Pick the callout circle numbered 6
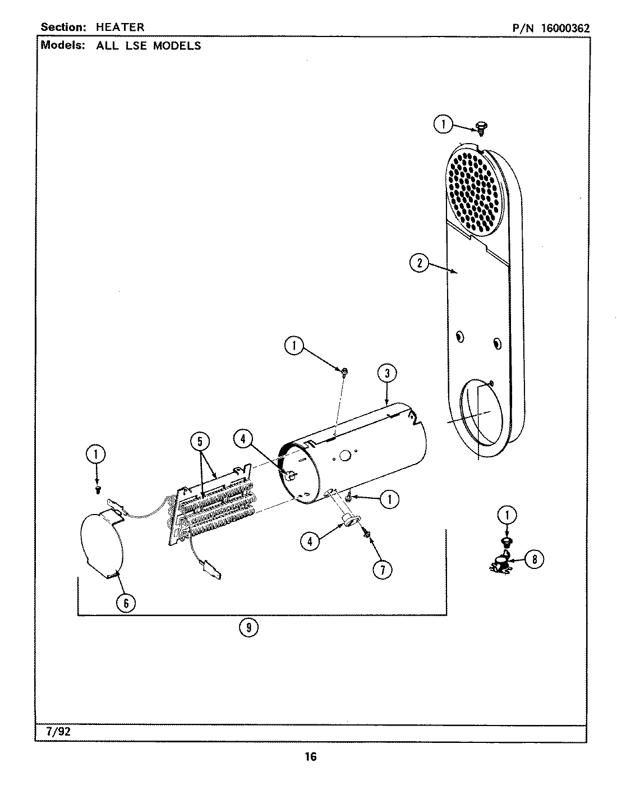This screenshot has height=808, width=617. pos(126,603)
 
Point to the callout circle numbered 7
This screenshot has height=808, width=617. pos(382,570)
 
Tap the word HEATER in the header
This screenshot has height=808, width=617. pos(120,27)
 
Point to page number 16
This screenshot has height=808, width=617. pos(310,757)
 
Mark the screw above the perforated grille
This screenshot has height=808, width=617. pos(480,127)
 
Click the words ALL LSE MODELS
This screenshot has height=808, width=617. pos(149,46)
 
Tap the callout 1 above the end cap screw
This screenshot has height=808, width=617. pos(96,454)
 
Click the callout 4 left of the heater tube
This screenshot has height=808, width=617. pos(242,439)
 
